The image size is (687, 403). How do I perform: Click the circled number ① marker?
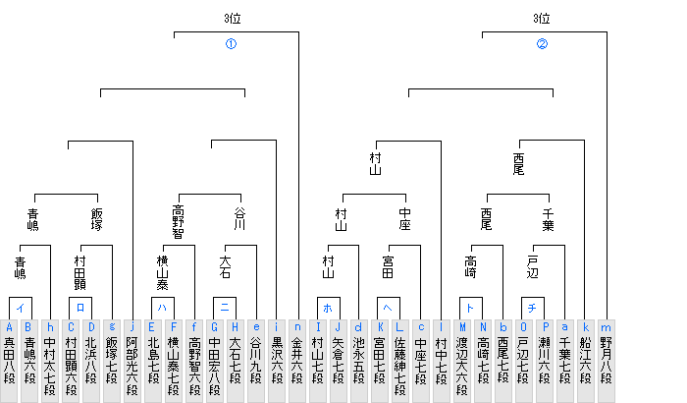point(231,44)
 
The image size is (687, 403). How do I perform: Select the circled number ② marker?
point(542,44)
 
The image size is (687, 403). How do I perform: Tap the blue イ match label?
point(21,308)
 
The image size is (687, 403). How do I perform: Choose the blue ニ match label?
point(225,307)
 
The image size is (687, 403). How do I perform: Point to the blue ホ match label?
point(328,308)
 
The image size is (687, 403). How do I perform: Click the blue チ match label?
point(532,308)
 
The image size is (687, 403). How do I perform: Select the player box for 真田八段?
point(9,361)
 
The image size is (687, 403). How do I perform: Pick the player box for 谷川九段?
point(256,361)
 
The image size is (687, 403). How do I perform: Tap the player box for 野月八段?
point(607,361)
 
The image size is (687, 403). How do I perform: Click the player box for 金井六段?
point(297,361)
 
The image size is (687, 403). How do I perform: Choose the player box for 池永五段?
point(359,361)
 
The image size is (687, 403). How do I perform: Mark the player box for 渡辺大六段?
point(462,361)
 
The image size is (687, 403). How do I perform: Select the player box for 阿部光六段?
point(132,361)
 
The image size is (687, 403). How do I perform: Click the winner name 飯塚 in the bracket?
point(97,219)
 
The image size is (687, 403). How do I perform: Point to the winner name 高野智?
point(178,222)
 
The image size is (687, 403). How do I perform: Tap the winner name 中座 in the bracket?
point(404,219)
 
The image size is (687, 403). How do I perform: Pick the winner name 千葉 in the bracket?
point(548,219)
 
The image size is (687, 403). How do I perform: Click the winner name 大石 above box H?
point(225,267)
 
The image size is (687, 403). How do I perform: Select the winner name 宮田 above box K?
point(388,267)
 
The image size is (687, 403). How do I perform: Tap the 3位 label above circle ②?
point(542,19)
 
